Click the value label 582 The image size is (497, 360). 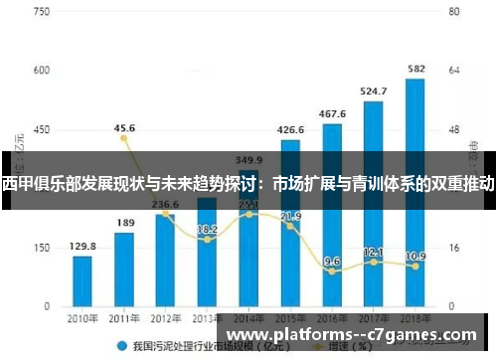tap(416, 69)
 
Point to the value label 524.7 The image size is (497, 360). tap(374, 90)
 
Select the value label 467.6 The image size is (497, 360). tap(332, 113)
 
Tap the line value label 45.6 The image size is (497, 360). tap(124, 128)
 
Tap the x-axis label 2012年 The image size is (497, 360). tap(166, 319)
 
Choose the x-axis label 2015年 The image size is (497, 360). tap(290, 319)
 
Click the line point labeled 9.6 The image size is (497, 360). tap(332, 270)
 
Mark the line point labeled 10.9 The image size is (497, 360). tap(415, 267)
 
